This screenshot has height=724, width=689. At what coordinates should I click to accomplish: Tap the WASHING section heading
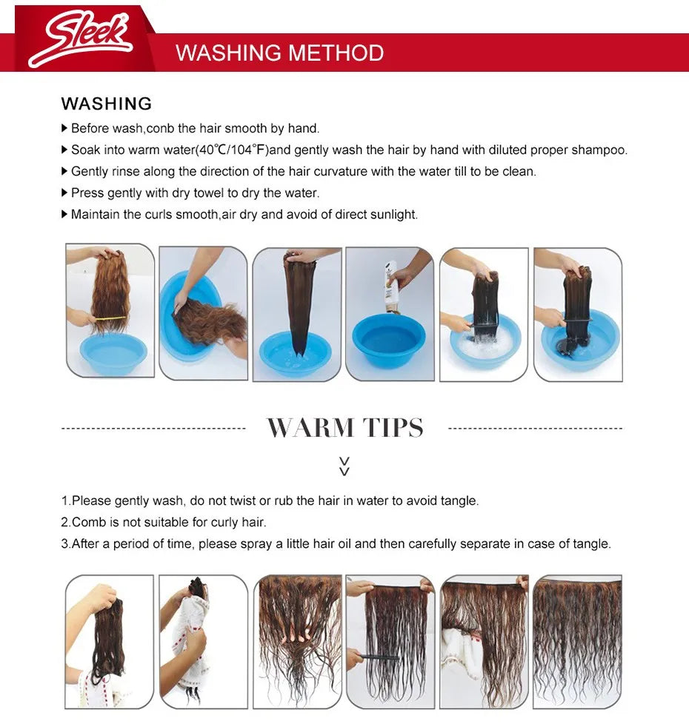106,104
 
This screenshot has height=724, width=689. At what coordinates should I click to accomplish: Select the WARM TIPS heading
345,427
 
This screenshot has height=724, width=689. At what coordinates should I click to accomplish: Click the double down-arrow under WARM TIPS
344,466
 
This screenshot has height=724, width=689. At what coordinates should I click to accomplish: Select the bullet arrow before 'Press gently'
64,192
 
